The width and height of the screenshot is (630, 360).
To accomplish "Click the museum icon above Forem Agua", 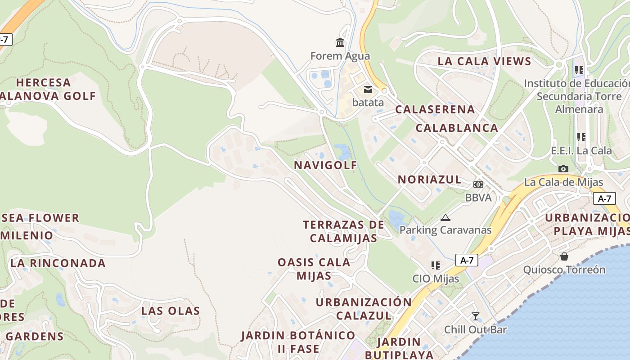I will click(x=340, y=43).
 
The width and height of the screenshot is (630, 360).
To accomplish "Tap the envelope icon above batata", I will click(x=368, y=89).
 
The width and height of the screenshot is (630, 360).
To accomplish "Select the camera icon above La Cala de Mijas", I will click(x=563, y=169).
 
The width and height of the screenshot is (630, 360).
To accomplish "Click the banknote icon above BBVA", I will click(x=478, y=184).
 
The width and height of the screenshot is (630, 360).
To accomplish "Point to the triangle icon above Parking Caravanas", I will click(x=445, y=218).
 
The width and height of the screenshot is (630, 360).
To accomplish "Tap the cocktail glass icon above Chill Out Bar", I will click(x=475, y=316).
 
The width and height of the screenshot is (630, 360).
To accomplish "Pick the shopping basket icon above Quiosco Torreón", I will click(x=564, y=256).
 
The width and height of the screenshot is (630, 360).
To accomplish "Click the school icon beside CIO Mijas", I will click(x=435, y=265).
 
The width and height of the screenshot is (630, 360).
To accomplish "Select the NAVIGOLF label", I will click(x=325, y=165).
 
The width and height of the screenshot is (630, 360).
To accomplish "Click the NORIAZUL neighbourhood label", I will click(x=429, y=180).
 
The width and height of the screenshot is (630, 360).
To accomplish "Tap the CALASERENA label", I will click(x=435, y=109).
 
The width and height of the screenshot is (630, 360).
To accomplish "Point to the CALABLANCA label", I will click(x=457, y=128).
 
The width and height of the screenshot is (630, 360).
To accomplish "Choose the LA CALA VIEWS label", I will click(x=484, y=61).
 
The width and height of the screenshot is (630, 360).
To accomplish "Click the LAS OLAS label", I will click(x=171, y=311).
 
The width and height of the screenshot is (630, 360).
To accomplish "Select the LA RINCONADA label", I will click(x=58, y=263).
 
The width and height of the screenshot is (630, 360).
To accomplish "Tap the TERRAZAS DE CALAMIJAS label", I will click(x=343, y=231).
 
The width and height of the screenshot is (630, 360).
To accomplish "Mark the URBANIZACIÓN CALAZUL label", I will click(x=364, y=309).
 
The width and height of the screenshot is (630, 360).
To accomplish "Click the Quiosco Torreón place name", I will click(x=564, y=270).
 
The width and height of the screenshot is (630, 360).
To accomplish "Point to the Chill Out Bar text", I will click(x=475, y=330).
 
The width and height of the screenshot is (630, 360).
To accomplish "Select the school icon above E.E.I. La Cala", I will click(x=581, y=137).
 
